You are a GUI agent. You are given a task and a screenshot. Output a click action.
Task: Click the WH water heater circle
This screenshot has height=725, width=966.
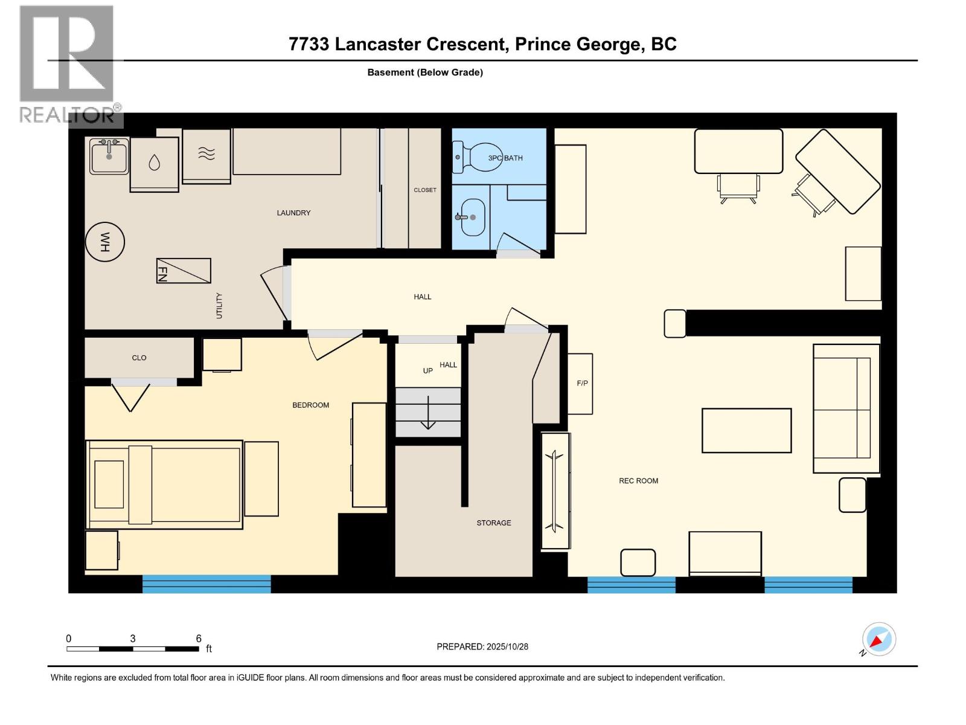coord(105,242)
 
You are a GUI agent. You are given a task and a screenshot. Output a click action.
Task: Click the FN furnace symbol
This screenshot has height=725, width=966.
coord(184,271)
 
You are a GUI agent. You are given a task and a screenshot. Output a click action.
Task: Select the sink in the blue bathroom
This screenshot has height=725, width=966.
coord(473,217)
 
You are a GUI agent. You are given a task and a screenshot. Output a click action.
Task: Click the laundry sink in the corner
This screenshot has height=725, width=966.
coord(109,156)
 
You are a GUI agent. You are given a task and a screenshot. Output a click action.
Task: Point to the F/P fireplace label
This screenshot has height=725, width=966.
coord(582,383)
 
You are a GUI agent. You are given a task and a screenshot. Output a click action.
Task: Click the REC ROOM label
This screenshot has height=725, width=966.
coord(638,481)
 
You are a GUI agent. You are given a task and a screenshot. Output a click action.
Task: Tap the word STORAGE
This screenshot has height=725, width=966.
coord(493,523)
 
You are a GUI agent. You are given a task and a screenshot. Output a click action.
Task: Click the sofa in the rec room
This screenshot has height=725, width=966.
coord(845,408)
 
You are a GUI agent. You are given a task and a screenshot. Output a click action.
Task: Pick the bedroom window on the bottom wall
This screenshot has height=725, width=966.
coord(206,584)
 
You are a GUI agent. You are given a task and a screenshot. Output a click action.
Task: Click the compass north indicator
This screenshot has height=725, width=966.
coord(878,639)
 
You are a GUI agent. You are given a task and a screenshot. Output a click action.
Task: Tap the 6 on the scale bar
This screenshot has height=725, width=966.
coord(199,639)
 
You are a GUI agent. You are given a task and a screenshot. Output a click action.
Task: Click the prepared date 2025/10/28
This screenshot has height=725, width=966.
coord(507,646)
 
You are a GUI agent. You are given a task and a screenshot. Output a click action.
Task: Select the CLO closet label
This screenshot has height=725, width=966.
coord(139,358)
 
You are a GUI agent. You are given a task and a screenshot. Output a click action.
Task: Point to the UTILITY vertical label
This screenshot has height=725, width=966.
coord(219,306)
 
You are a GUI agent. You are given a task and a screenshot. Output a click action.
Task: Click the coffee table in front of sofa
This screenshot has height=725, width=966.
coord(746,430)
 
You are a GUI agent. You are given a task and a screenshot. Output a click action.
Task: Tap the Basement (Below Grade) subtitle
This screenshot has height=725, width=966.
coord(425,72)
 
